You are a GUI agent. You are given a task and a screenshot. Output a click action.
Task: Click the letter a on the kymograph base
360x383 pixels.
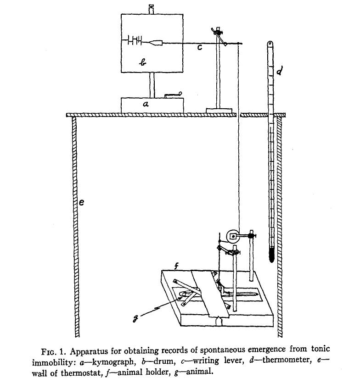click(x=146, y=105)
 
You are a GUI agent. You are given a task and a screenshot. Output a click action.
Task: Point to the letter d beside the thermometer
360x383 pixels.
click(x=279, y=71)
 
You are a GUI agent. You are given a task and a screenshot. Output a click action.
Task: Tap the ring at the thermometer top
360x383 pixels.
click(x=270, y=44)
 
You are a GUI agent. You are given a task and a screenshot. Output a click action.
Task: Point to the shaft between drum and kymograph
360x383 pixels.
click(x=152, y=85)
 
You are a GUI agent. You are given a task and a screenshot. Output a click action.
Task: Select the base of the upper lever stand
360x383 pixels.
click(x=219, y=110)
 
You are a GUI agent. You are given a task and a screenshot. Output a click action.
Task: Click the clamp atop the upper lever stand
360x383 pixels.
click(x=217, y=32)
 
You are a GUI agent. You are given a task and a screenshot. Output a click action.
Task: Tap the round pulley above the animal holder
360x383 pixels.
click(x=234, y=236)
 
